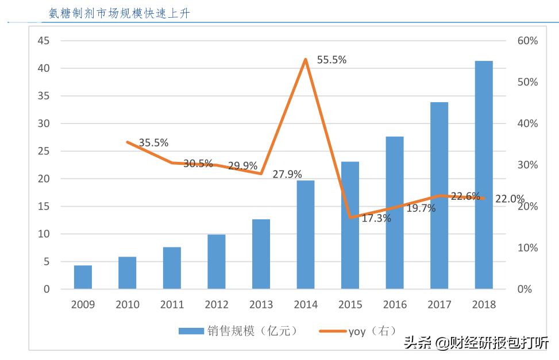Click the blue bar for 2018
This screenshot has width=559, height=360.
[x=484, y=175]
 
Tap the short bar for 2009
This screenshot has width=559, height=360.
[x=83, y=277]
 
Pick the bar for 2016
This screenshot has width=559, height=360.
[x=395, y=212]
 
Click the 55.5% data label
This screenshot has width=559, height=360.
[x=332, y=60]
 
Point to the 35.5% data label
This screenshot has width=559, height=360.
[x=153, y=143]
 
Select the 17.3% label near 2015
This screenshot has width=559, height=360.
[x=376, y=218]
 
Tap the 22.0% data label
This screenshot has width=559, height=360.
[x=510, y=199]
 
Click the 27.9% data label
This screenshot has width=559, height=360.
[x=287, y=175]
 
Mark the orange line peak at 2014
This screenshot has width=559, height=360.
[x=306, y=59]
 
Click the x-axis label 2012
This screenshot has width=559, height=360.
[x=217, y=305]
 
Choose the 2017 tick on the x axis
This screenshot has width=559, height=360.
[x=439, y=305]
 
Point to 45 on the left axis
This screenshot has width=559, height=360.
[x=44, y=41]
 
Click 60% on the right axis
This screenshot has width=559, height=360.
[x=527, y=41]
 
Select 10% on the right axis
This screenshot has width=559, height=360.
[x=527, y=248]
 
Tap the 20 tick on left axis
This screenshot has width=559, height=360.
[x=44, y=179]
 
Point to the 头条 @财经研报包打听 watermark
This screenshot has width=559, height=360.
[x=476, y=343]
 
